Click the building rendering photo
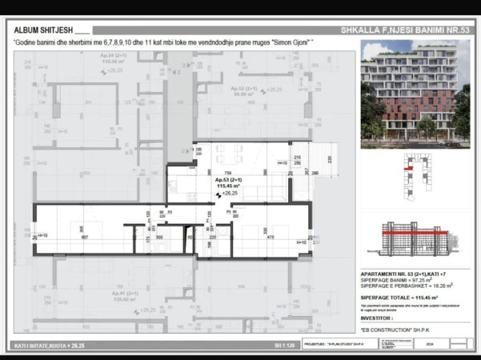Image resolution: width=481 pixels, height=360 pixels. coord(415,94)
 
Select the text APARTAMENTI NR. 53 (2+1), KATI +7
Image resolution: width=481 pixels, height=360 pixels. coord(398,274)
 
